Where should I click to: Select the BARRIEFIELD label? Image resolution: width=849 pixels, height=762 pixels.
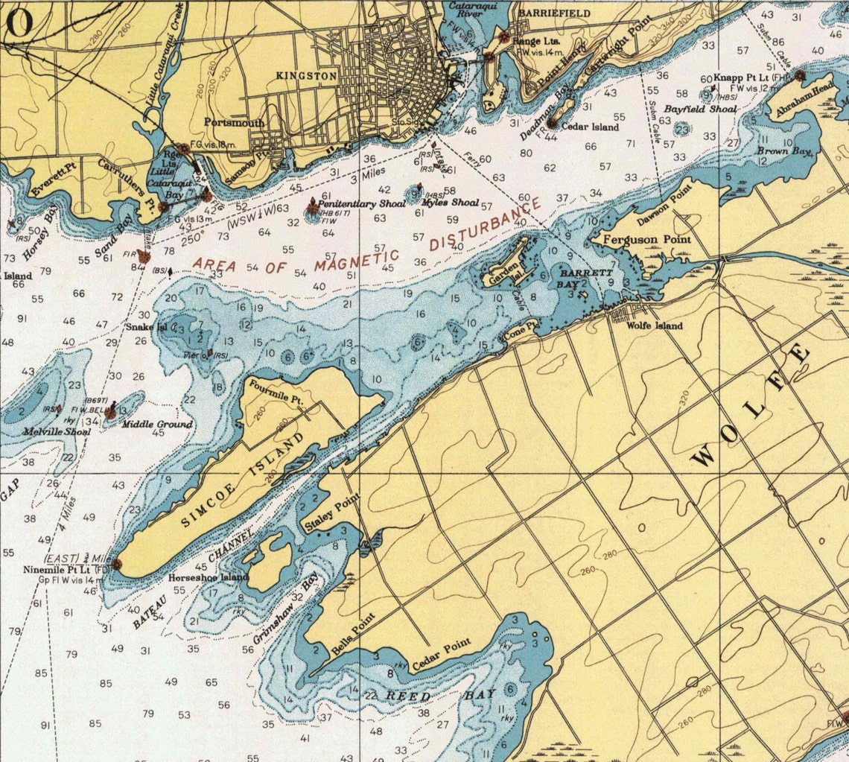click(x=554, y=13)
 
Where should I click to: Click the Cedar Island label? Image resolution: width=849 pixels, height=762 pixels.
click(x=591, y=127)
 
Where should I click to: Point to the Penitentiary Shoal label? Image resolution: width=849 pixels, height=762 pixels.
click(x=361, y=203)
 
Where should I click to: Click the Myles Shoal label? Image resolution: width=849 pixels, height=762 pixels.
click(x=450, y=203)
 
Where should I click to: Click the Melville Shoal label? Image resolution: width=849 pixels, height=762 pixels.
click(x=57, y=431)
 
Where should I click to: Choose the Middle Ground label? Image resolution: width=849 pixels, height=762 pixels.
click(x=157, y=425)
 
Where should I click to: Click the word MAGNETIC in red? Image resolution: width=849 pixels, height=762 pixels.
click(x=356, y=260)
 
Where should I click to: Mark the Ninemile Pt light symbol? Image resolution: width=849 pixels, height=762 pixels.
click(x=117, y=565)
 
